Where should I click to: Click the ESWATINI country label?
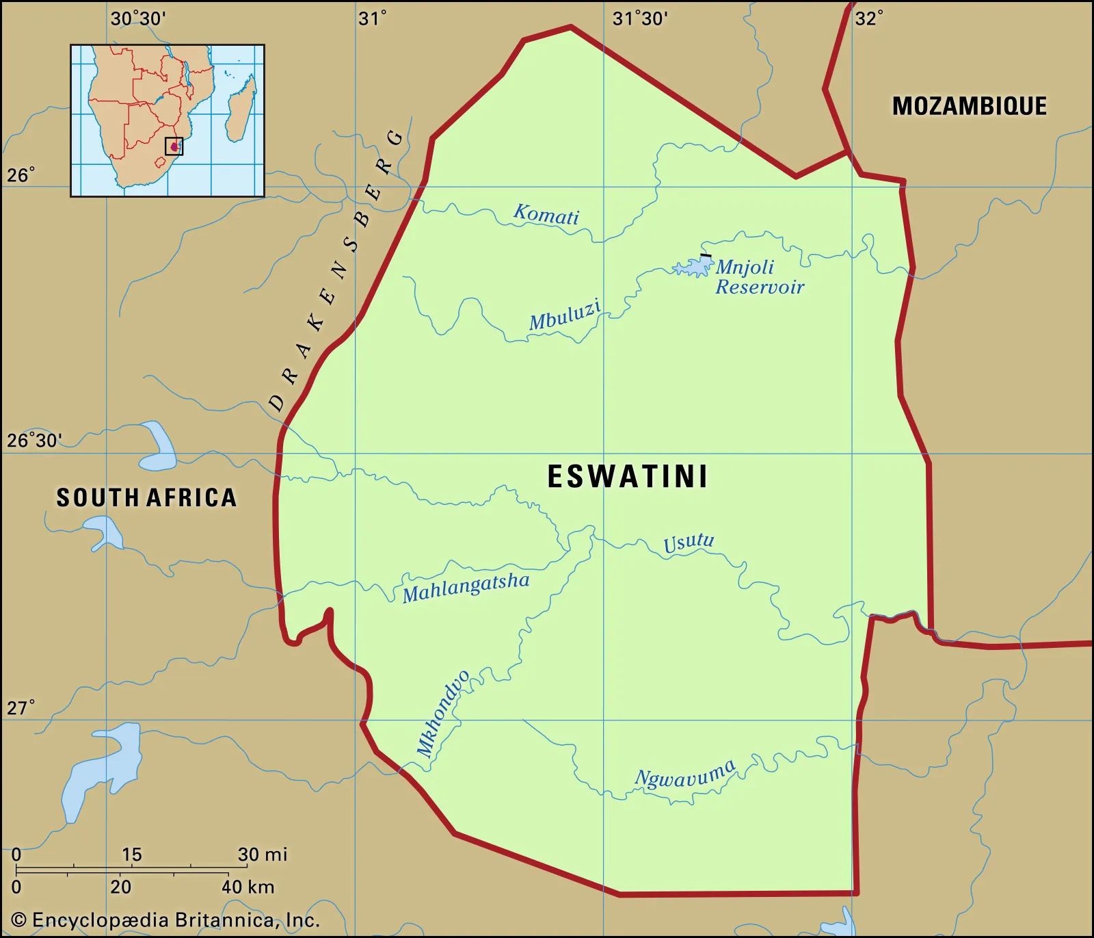click(627, 477)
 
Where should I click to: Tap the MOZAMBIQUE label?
click(969, 106)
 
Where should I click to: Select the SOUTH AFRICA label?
click(146, 497)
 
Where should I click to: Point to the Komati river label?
click(546, 215)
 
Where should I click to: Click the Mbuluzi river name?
click(565, 315)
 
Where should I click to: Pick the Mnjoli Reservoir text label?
click(758, 276)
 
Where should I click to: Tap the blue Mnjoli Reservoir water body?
click(694, 267)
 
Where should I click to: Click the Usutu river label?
click(689, 543)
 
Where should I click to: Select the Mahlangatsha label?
click(466, 587)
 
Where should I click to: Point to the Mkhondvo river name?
click(443, 714)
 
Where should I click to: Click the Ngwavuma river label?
click(685, 774)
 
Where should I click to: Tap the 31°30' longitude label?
click(640, 18)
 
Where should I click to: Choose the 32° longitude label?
click(869, 18)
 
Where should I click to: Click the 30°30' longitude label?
click(138, 18)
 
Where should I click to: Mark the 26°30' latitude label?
click(34, 440)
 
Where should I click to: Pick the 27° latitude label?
click(21, 707)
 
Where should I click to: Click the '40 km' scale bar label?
click(248, 887)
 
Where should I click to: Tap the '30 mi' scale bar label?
click(263, 854)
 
